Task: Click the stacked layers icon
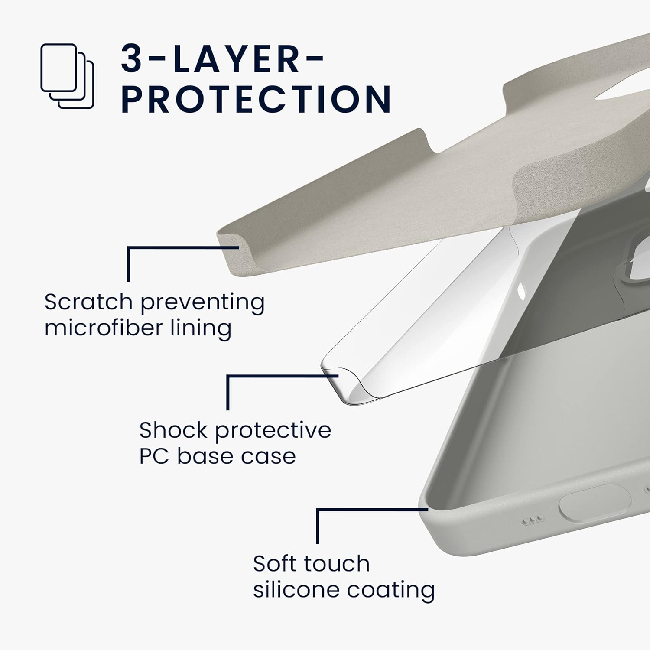[67, 76]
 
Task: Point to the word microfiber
[104, 328]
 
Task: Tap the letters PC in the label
[154, 456]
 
